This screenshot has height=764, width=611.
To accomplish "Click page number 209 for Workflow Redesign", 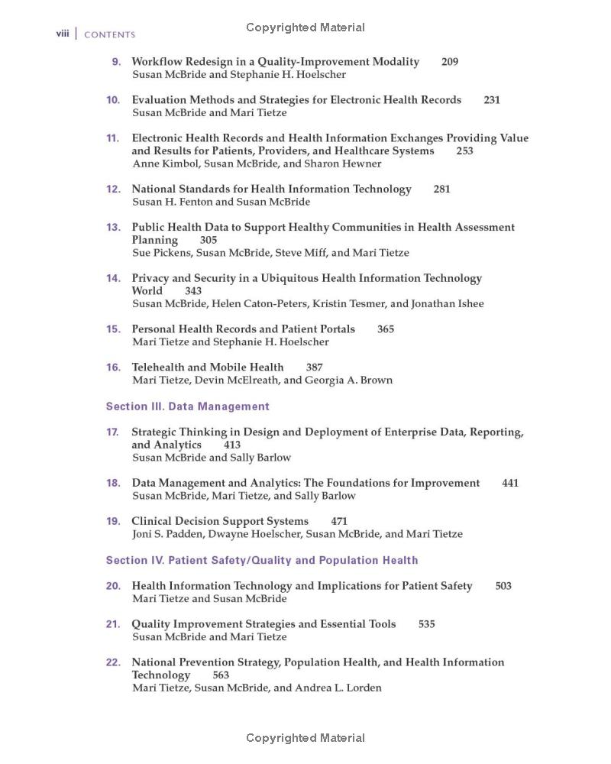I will click(450, 62).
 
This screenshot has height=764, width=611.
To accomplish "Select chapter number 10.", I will click(113, 100).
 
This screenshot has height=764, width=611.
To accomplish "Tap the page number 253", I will click(464, 151).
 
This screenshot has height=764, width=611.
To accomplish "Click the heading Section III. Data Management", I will click(187, 406).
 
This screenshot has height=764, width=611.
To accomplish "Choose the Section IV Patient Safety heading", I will click(261, 560).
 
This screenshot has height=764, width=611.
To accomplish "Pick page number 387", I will click(314, 367).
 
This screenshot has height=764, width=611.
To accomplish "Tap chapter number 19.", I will click(113, 521).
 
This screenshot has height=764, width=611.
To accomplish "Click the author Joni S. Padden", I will click(163, 534).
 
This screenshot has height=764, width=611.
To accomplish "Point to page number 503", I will click(503, 586).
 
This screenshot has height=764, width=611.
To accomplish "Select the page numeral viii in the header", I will click(63, 34).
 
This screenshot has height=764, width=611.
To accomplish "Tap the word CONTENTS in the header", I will click(109, 34).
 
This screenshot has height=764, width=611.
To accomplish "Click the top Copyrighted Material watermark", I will click(305, 28).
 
